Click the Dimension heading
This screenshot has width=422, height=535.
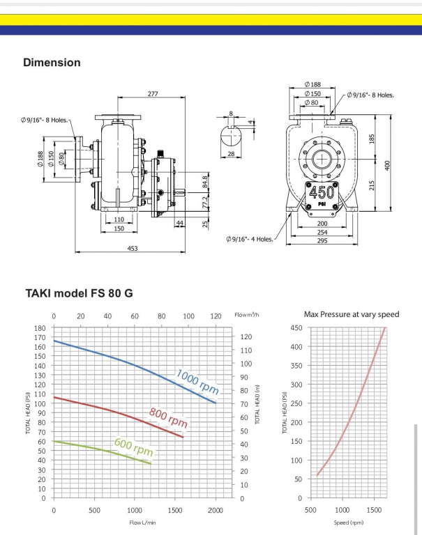[x=52, y=63]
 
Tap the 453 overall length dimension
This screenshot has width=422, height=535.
[x=133, y=248]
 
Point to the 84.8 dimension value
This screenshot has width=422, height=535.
[x=204, y=183]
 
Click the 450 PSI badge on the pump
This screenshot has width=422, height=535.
[x=322, y=195]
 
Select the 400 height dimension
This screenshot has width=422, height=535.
[x=387, y=164]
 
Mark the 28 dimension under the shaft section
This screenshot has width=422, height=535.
[x=231, y=154]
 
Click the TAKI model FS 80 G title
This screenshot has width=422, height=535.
[x=79, y=293]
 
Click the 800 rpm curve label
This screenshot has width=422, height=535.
[x=168, y=418]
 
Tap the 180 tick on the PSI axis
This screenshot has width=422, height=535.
[x=39, y=327]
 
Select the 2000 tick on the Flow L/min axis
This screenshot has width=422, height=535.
[x=216, y=511]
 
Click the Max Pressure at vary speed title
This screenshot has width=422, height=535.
[x=352, y=314]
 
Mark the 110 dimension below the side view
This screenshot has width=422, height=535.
[x=119, y=219]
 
